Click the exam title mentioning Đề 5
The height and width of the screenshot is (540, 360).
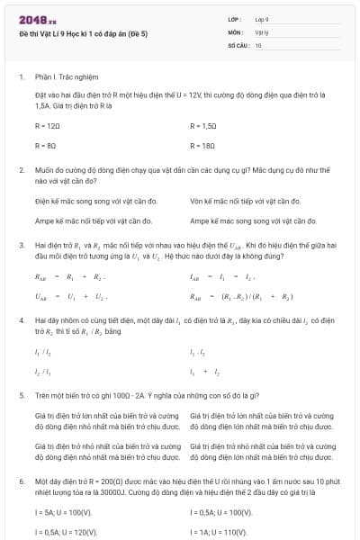[x=82, y=31]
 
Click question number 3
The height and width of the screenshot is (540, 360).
[x=21, y=244]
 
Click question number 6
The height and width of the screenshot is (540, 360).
[x=21, y=481]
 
